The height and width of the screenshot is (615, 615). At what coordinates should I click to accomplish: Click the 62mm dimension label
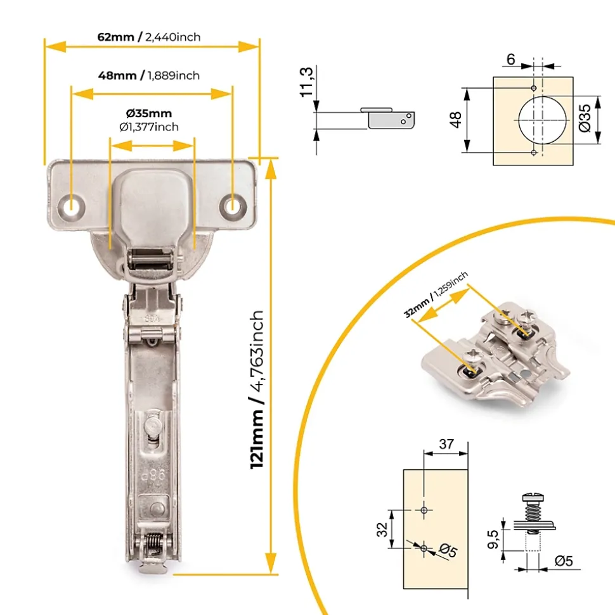[x=116, y=37]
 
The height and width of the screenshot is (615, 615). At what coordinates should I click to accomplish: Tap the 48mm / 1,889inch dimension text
[x=149, y=75]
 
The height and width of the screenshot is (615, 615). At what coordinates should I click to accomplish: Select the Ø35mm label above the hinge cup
[x=149, y=113]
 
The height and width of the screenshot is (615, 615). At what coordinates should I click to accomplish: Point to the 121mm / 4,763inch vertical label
[x=257, y=390]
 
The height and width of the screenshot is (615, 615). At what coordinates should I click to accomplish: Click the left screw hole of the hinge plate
[x=72, y=205]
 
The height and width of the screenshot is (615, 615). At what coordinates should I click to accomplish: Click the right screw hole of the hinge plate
[x=233, y=205]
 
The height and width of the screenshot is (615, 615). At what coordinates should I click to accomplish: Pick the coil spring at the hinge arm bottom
[x=154, y=543]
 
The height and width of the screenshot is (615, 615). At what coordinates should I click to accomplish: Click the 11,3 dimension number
[x=307, y=82]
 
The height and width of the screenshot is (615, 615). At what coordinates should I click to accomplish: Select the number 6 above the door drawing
[x=510, y=60]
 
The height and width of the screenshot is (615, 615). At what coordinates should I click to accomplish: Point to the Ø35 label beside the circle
[x=585, y=118]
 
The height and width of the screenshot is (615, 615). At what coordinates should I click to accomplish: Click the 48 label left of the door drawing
[x=456, y=120]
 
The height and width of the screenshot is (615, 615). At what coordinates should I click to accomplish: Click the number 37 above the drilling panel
[x=446, y=444]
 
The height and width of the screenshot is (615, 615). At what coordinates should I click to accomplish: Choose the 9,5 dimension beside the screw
[x=493, y=539]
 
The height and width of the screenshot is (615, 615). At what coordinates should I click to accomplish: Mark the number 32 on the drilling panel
[x=382, y=529]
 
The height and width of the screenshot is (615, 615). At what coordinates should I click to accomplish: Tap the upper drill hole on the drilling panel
[x=424, y=510]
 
